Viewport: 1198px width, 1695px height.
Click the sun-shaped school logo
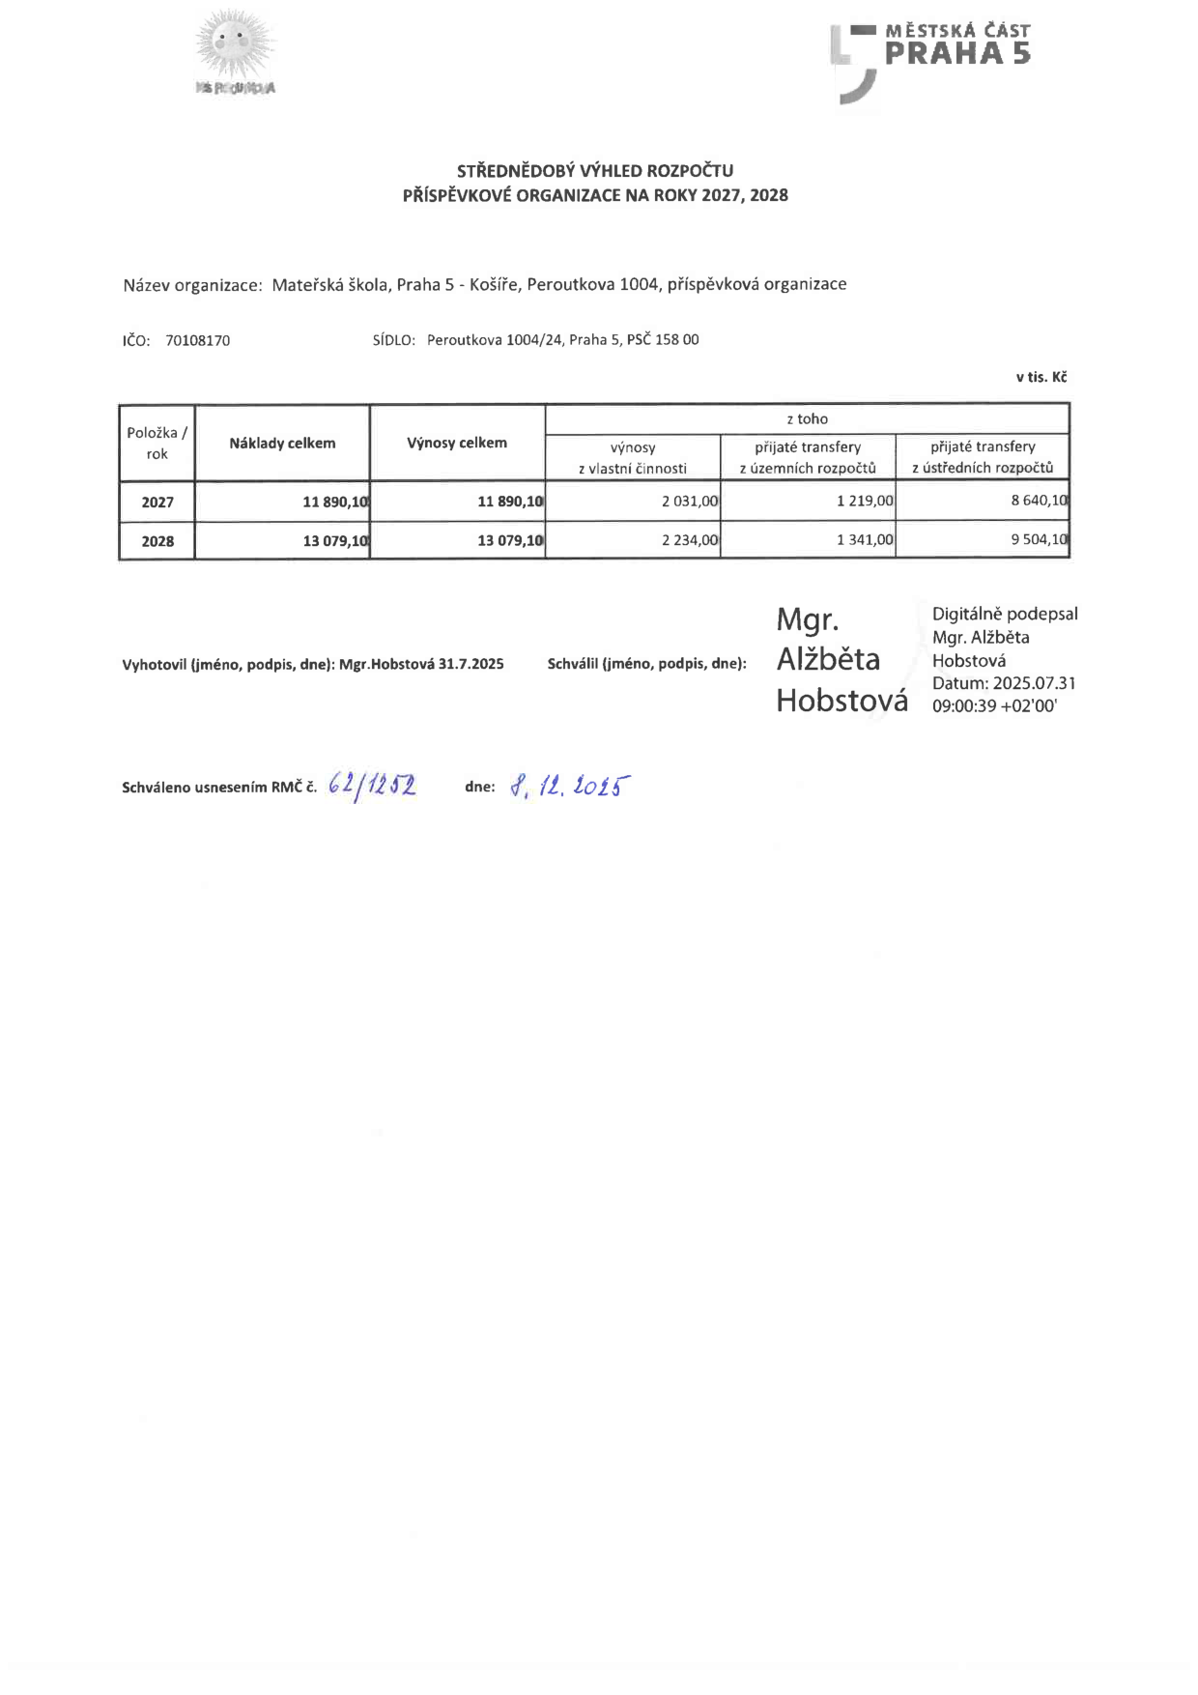point(235,50)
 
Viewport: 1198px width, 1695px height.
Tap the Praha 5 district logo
point(929,59)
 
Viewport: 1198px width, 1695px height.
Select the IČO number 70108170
point(197,340)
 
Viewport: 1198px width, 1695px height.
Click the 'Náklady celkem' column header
point(282,444)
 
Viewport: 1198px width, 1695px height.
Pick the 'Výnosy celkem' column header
point(457,444)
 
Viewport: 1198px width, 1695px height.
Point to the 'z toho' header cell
point(807,419)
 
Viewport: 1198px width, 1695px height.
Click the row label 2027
point(157,503)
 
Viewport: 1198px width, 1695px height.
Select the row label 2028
point(157,541)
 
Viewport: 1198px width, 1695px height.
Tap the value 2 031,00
point(690,502)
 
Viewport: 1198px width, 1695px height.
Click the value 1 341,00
point(865,540)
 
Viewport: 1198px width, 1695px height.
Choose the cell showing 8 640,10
point(1039,501)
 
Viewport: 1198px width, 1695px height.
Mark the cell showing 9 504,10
point(1039,539)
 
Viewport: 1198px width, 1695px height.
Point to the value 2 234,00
point(690,540)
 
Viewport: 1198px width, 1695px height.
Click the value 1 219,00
point(865,502)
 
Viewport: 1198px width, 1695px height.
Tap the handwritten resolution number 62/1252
point(372,787)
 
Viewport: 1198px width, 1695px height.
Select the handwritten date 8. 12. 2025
point(570,787)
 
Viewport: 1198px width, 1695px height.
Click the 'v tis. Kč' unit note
point(1041,377)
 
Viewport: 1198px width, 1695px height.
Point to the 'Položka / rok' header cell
point(157,444)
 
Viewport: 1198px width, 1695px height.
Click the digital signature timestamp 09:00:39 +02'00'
point(994,706)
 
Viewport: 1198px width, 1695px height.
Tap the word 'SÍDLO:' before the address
point(393,340)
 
